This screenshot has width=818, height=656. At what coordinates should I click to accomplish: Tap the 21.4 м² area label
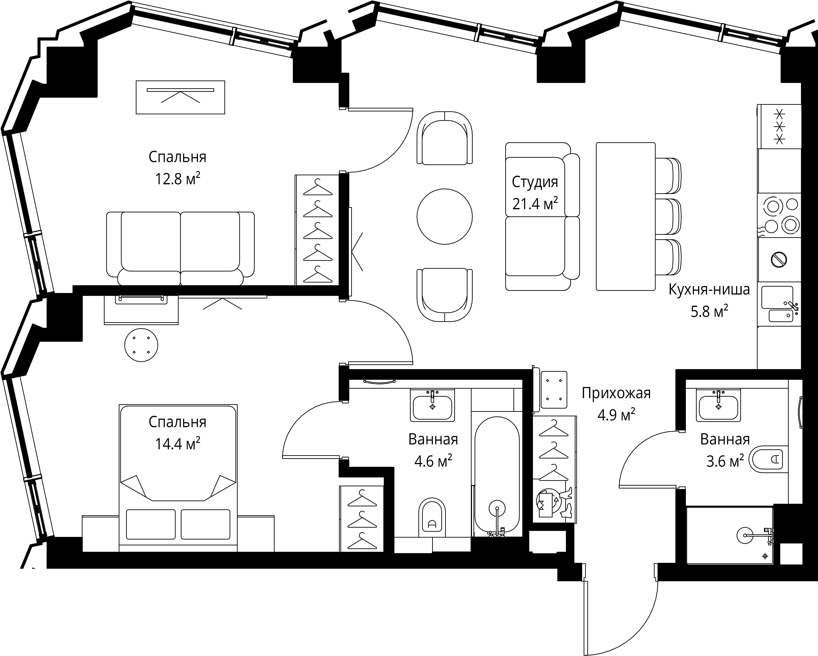click(535, 204)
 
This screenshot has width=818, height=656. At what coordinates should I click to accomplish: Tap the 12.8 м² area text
click(178, 178)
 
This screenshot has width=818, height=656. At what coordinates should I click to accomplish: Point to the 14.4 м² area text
click(178, 443)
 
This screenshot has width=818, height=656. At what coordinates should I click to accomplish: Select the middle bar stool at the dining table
click(669, 216)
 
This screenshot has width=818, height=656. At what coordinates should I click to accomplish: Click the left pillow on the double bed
click(151, 524)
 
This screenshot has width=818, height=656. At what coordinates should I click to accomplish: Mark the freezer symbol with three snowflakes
click(779, 126)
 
